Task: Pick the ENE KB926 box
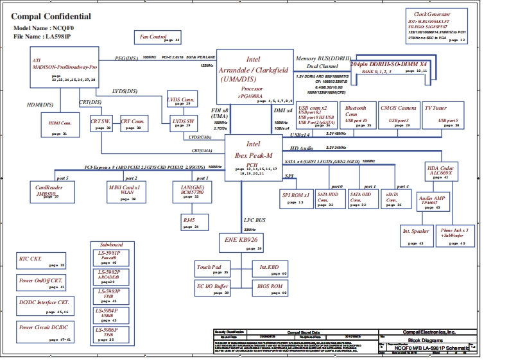point(241,242)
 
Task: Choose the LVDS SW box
point(182,123)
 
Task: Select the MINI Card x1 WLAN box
point(126,191)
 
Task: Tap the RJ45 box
point(190,222)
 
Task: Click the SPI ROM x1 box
point(297,197)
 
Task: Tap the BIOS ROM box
point(270,288)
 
